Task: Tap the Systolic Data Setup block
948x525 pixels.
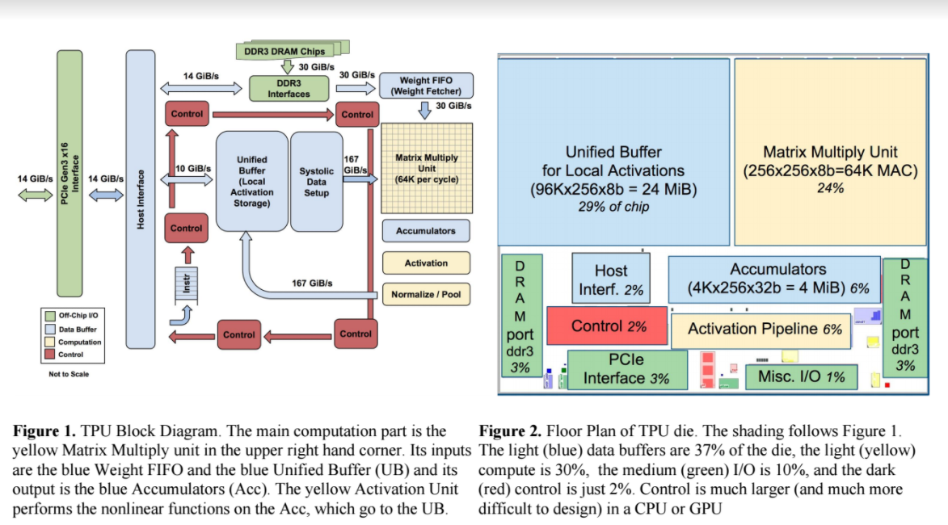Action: click(316, 182)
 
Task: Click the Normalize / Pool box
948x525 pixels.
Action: click(425, 294)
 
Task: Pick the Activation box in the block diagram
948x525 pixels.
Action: click(425, 263)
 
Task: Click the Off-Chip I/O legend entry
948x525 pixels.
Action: click(72, 316)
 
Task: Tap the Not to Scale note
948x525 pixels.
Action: click(69, 374)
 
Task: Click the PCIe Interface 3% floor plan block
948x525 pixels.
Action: click(626, 369)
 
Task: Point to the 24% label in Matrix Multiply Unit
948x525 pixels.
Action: click(830, 188)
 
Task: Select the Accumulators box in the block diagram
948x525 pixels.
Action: click(425, 231)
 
